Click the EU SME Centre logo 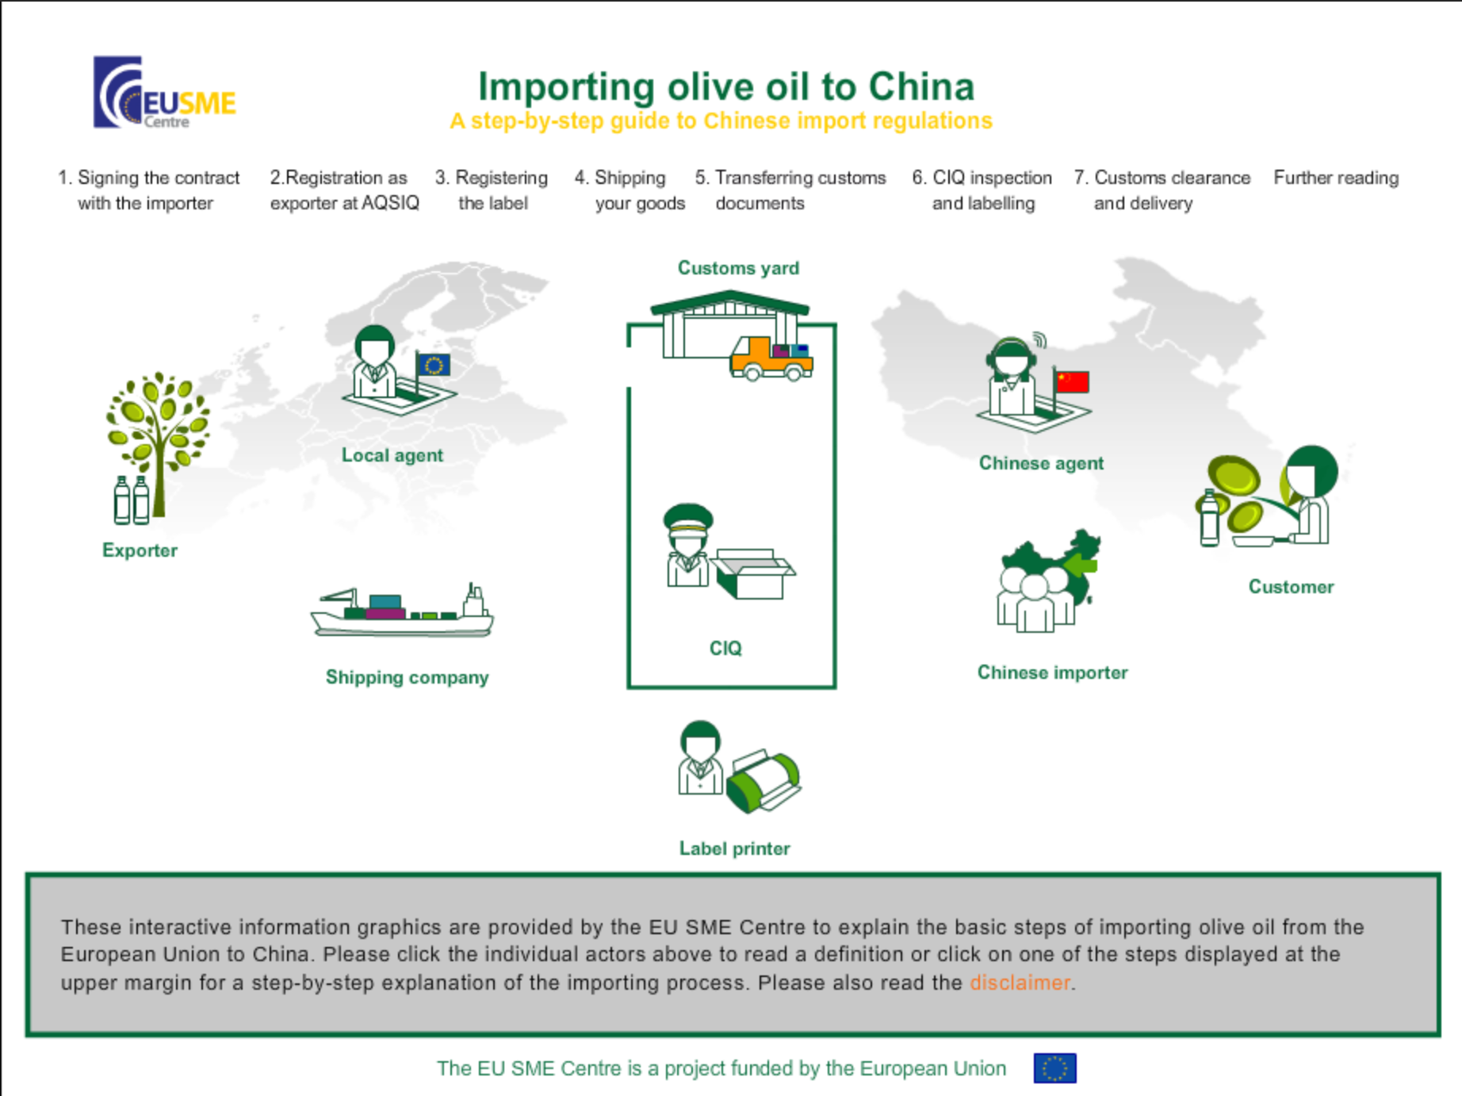point(165,92)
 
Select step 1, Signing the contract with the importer point(148,190)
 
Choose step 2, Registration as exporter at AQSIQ point(344,190)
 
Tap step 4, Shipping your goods point(630,190)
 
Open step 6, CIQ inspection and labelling point(982,190)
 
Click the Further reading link point(1336,178)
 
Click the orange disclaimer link point(1020,983)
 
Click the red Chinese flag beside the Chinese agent point(1072,381)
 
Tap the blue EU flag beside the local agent point(434,365)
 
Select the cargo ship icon point(403,611)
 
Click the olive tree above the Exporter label point(158,444)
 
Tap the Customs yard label point(738,268)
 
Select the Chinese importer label point(1052,673)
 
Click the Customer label point(1291,587)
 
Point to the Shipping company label point(407,678)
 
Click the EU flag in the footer point(1054,1068)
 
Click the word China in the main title point(921,86)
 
